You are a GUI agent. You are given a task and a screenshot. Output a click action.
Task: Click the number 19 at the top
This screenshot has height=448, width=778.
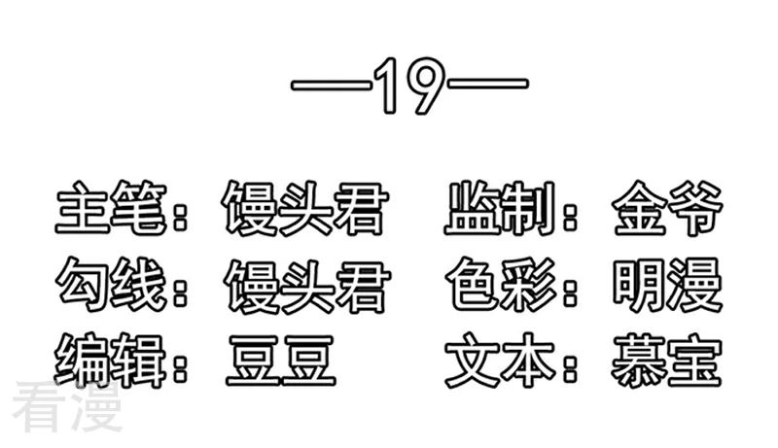pyautogui.click(x=409, y=86)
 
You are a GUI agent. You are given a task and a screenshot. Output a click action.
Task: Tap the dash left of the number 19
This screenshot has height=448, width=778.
pyautogui.click(x=332, y=85)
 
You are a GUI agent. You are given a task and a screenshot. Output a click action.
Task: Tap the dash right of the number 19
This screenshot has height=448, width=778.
pyautogui.click(x=488, y=84)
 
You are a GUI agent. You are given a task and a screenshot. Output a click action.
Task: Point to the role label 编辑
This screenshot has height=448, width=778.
pyautogui.click(x=110, y=360)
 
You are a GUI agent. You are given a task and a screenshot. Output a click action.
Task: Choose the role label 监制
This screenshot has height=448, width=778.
pyautogui.click(x=499, y=207)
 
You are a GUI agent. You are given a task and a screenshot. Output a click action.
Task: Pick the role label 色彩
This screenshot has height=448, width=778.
pyautogui.click(x=501, y=284)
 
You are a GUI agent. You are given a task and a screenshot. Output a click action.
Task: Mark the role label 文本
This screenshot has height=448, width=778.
pyautogui.click(x=500, y=360)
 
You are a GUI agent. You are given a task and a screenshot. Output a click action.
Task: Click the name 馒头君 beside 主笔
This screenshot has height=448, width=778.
pyautogui.click(x=304, y=208)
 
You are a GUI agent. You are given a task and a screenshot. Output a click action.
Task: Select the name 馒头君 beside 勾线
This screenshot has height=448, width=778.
pyautogui.click(x=307, y=285)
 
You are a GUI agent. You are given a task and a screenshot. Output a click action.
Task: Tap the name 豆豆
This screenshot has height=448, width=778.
pyautogui.click(x=281, y=361)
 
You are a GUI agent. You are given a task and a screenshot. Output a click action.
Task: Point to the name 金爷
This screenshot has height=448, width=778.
pyautogui.click(x=667, y=208)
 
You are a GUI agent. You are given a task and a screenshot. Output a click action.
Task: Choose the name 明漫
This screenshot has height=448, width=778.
pyautogui.click(x=667, y=285)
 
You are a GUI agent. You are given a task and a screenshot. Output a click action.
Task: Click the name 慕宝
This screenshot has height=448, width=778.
pyautogui.click(x=666, y=361)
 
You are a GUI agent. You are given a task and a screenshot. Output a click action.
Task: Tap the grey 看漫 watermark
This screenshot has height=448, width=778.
pyautogui.click(x=67, y=407)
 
